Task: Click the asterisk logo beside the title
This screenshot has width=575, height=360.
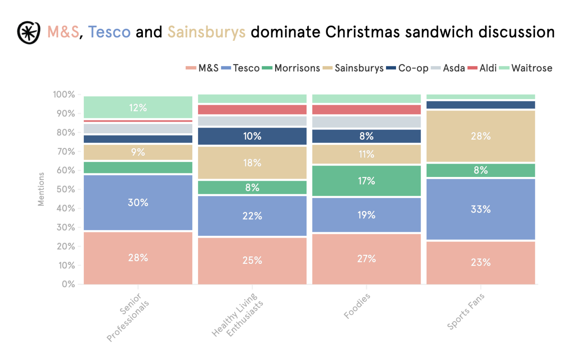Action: [x=28, y=33]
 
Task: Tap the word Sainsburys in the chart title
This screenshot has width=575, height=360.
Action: [x=206, y=33]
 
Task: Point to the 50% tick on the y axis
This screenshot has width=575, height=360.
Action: [x=66, y=189]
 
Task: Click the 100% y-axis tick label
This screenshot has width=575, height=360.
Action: [x=64, y=94]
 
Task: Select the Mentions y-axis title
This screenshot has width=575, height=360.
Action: [x=41, y=189]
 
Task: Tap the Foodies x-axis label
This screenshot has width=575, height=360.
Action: [x=357, y=306]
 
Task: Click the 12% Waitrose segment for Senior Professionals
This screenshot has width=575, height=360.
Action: [x=138, y=108]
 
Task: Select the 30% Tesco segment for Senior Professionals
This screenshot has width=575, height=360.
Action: [x=138, y=202]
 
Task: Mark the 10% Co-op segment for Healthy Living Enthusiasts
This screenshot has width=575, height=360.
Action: [x=252, y=136]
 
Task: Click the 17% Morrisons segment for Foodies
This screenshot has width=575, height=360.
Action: [x=366, y=181]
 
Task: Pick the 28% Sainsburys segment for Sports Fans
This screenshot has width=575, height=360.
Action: [x=480, y=136]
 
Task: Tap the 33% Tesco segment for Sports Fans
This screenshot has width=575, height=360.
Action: [x=480, y=209]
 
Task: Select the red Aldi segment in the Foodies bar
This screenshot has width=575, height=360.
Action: [x=366, y=110]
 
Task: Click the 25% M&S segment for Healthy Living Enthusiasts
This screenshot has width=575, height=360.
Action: [x=252, y=260]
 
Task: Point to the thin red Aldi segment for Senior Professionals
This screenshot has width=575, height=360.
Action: [x=138, y=121]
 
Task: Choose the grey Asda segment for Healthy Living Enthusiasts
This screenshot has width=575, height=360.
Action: [x=252, y=121]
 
